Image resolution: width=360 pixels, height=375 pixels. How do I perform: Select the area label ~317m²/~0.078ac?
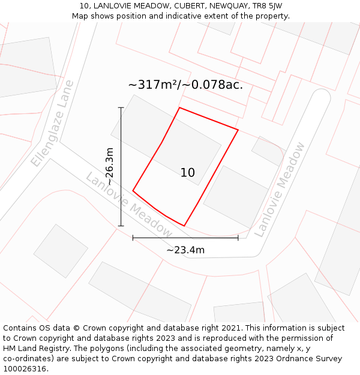pos(185,85)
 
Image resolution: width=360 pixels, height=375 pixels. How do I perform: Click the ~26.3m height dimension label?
pos(110,166)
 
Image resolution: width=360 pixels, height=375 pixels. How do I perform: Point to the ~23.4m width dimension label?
pos(185,250)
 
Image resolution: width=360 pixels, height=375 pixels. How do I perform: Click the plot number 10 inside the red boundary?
pos(188,173)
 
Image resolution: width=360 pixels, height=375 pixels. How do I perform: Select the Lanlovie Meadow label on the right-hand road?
pos(280,190)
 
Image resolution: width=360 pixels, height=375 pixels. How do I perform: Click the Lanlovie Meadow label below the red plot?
pos(128,205)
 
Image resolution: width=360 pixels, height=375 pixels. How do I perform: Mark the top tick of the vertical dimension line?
pos(121,108)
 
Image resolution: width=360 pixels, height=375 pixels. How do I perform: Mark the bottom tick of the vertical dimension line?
pos(121,226)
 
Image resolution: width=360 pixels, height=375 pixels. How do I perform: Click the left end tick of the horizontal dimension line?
pos(133,238)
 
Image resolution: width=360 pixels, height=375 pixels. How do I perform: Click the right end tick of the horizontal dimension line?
pos(238,238)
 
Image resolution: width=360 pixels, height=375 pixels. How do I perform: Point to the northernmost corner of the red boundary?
pos(179,108)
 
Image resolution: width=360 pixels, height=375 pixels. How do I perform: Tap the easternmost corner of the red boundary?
pos(238,130)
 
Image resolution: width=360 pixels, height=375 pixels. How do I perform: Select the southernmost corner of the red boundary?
pos(184,226)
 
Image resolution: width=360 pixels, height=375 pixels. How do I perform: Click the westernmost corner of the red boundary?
pos(133,191)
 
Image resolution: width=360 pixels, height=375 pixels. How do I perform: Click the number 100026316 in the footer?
pos(24,369)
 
